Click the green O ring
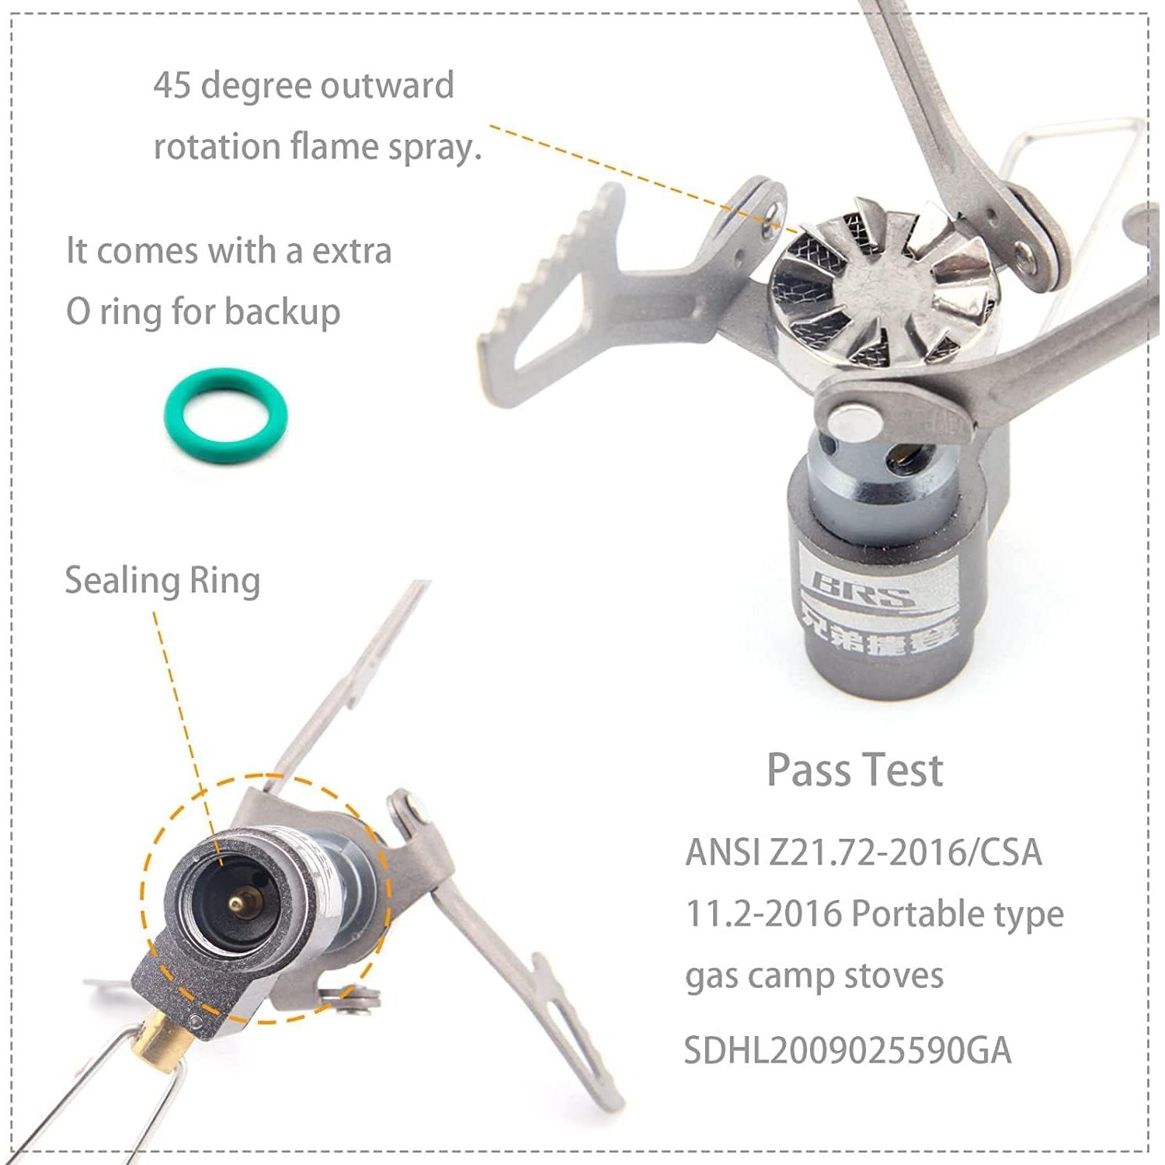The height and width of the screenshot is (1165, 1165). click(225, 417)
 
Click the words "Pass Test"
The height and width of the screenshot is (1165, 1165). click(854, 770)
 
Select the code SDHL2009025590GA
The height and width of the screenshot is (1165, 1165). click(847, 1051)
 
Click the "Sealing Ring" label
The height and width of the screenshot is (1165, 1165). click(162, 581)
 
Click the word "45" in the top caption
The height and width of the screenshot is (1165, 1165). click(172, 85)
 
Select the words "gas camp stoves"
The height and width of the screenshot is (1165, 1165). click(814, 976)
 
